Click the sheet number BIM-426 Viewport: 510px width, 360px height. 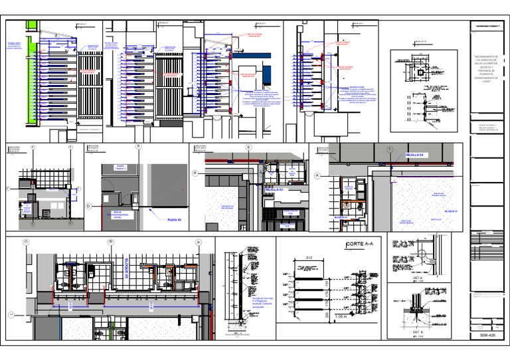point(487,335)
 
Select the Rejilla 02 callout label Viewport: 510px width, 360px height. point(174,218)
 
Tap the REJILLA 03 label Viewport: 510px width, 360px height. point(274,189)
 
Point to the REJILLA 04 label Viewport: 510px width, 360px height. point(418,155)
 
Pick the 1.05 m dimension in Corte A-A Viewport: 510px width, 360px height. point(341,317)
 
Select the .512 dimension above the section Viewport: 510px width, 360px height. point(307,256)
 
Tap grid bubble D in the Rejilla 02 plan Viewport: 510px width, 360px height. point(88,206)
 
